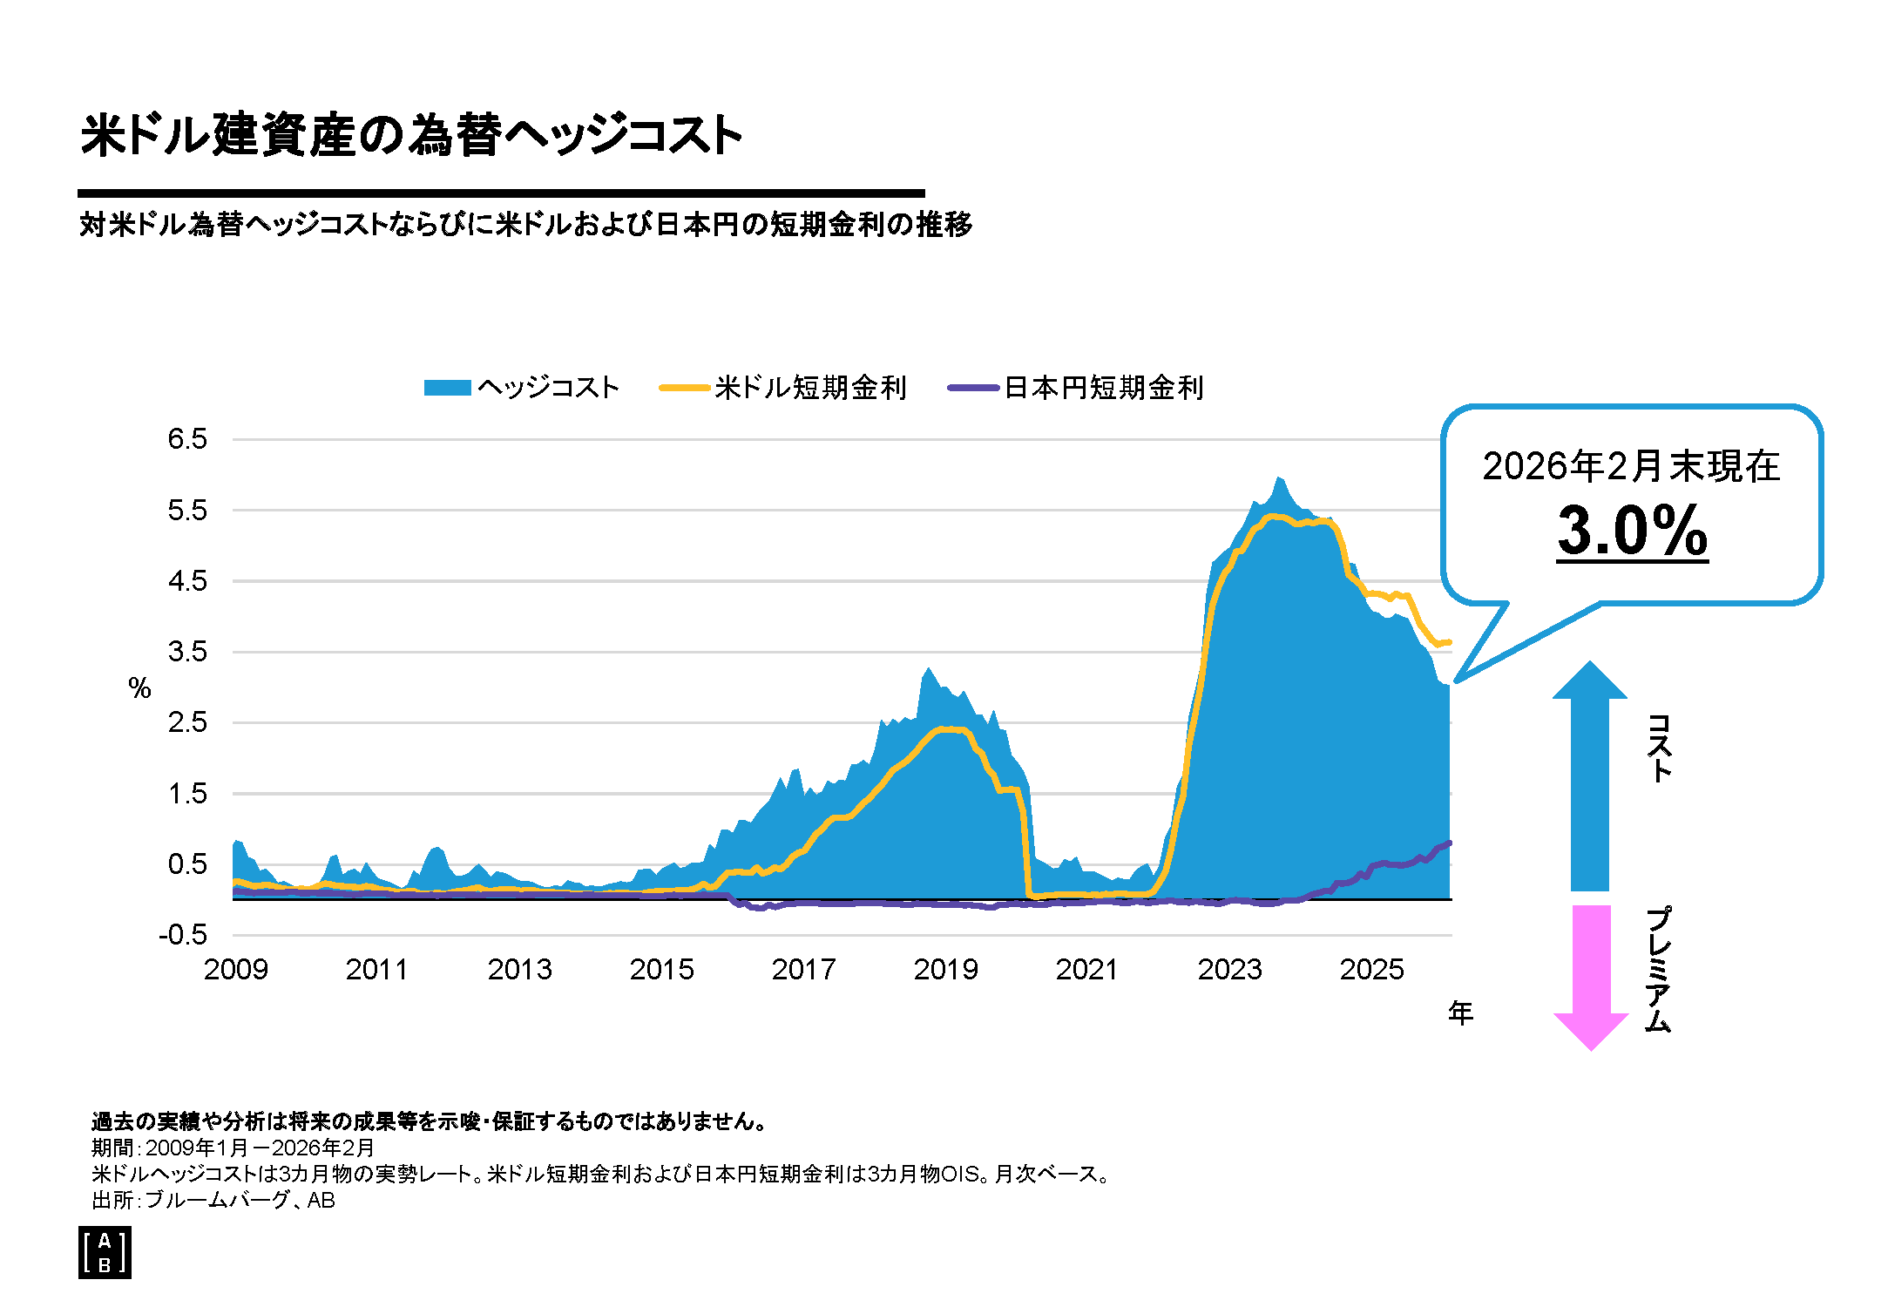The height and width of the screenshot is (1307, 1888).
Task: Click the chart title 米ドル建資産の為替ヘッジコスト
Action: [x=411, y=135]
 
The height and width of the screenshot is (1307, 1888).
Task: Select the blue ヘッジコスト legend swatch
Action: [x=447, y=388]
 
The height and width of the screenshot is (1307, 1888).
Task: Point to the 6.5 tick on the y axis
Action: [x=187, y=439]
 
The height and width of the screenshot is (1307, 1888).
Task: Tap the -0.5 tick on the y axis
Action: [x=183, y=936]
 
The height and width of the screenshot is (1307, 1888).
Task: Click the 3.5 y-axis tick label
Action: [x=187, y=652]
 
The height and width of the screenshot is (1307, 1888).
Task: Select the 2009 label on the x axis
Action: [x=235, y=970]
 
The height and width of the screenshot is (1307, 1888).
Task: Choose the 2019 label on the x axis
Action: [x=945, y=970]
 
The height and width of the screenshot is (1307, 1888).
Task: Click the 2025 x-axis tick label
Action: [x=1371, y=970]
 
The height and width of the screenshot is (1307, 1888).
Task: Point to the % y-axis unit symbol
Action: [x=139, y=688]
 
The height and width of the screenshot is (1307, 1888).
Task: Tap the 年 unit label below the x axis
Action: [x=1461, y=1012]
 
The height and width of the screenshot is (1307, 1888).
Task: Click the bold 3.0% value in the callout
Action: [x=1632, y=531]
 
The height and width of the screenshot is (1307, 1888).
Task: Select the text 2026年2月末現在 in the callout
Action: [x=1631, y=466]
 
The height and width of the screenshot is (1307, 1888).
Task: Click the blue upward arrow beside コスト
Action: [x=1590, y=775]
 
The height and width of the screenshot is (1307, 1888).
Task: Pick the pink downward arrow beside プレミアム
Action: [x=1591, y=976]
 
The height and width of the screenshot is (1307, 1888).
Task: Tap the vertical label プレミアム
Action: [x=1659, y=969]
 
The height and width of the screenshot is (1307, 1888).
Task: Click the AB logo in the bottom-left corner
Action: [x=105, y=1253]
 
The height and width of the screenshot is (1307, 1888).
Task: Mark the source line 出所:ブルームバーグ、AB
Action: [x=213, y=1201]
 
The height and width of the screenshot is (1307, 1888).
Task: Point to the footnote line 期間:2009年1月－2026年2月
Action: [x=233, y=1148]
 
